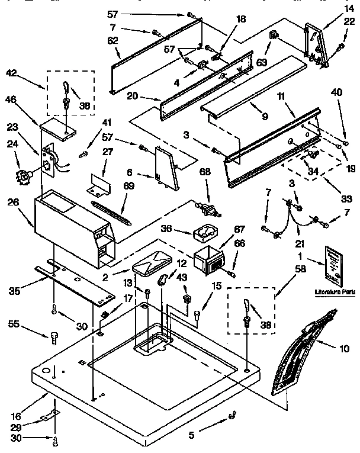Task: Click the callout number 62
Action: [112, 40]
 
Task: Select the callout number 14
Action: [348, 8]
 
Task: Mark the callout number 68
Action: [205, 172]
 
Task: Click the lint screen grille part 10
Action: [302, 355]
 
